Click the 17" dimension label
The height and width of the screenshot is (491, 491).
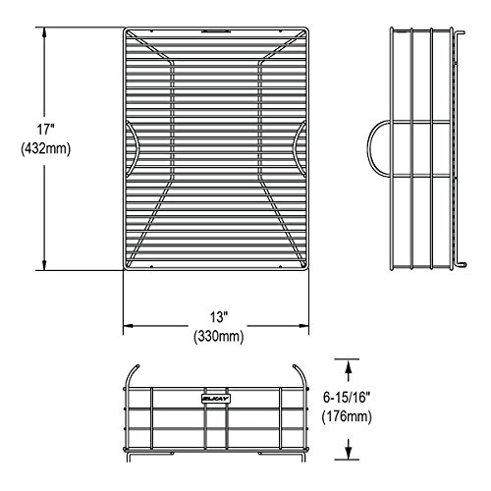pos(45,130)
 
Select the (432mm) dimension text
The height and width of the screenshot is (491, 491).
pos(46,149)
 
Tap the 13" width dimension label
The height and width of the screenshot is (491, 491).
pos(219,317)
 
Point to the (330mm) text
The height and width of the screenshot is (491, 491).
pos(219,336)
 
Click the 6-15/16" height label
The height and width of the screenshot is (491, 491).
pos(347,398)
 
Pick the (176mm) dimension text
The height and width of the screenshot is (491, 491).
pos(347,416)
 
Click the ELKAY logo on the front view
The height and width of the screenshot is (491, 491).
pos(216,399)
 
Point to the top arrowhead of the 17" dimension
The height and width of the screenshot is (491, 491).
pos(44,33)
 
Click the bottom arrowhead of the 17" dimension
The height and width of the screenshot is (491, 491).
pos(44,264)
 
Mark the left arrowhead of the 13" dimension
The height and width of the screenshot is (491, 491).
pos(129,326)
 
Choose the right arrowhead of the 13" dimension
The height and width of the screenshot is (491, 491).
pos(303,326)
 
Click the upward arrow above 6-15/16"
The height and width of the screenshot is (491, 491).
pos(349,370)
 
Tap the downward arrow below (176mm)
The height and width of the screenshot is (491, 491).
pos(349,449)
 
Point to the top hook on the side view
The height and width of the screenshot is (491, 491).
pos(460,32)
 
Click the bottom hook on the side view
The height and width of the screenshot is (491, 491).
pos(461,263)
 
